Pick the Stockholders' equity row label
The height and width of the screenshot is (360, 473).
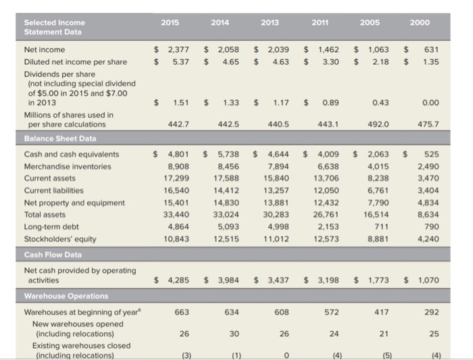pos(59,238)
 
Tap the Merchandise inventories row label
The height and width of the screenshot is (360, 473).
pos(68,166)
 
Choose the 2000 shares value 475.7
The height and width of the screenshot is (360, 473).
pos(427,124)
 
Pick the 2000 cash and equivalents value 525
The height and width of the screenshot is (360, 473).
pos(430,155)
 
